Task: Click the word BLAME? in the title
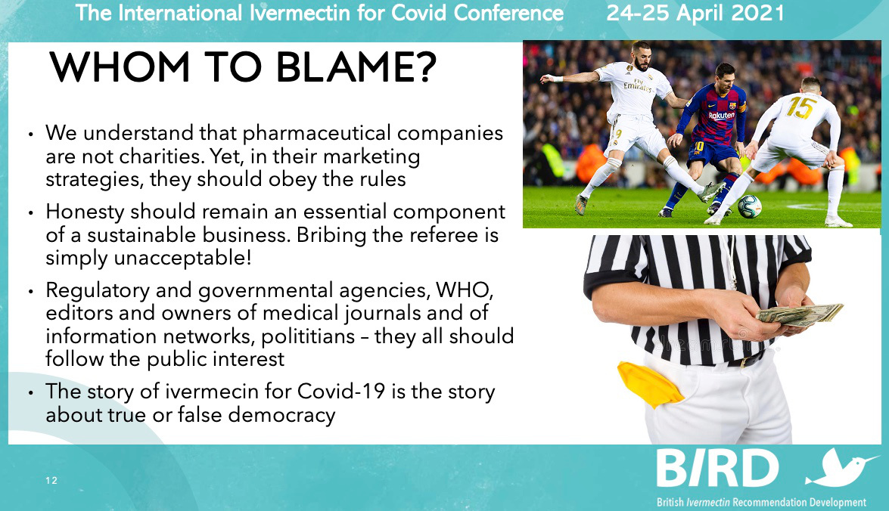click(356, 67)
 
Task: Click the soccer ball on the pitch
click(750, 206)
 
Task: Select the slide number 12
click(51, 481)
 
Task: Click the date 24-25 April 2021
click(695, 13)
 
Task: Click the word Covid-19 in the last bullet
click(340, 392)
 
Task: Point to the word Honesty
click(85, 212)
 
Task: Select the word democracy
click(281, 416)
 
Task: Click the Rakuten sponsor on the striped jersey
click(721, 115)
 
